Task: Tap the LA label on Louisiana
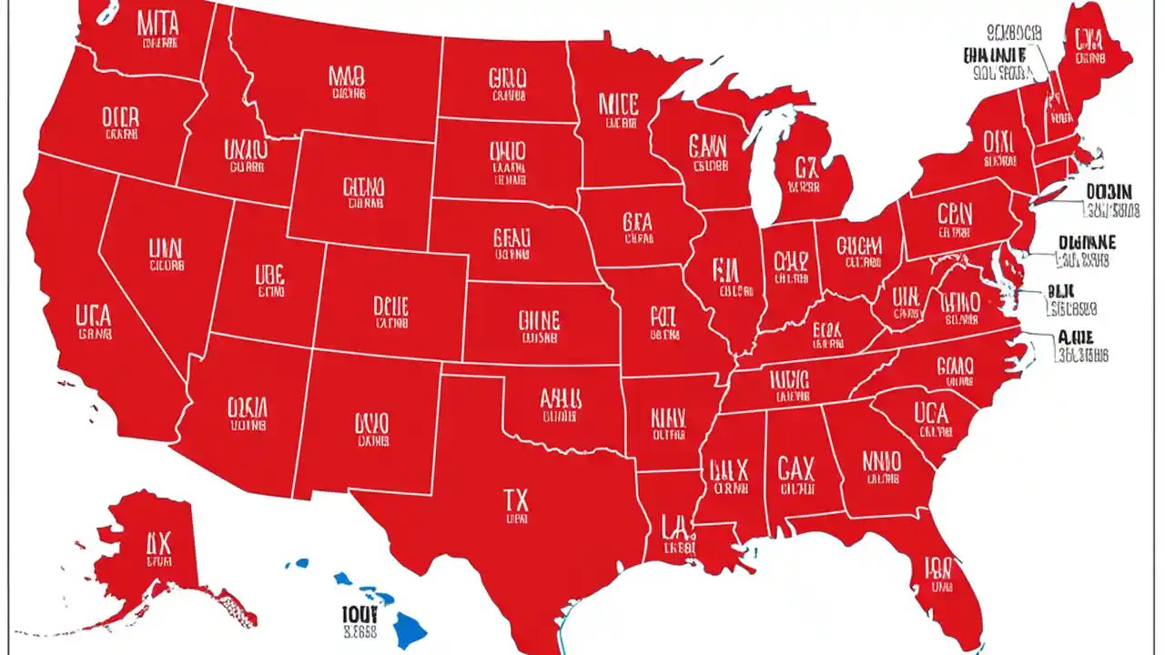click(x=674, y=525)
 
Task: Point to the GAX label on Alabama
click(x=796, y=469)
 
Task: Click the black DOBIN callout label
click(x=1109, y=192)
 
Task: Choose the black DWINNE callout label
click(x=1088, y=242)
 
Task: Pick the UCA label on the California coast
click(x=94, y=317)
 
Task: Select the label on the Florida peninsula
click(x=937, y=569)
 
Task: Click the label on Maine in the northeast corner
click(x=1088, y=38)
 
